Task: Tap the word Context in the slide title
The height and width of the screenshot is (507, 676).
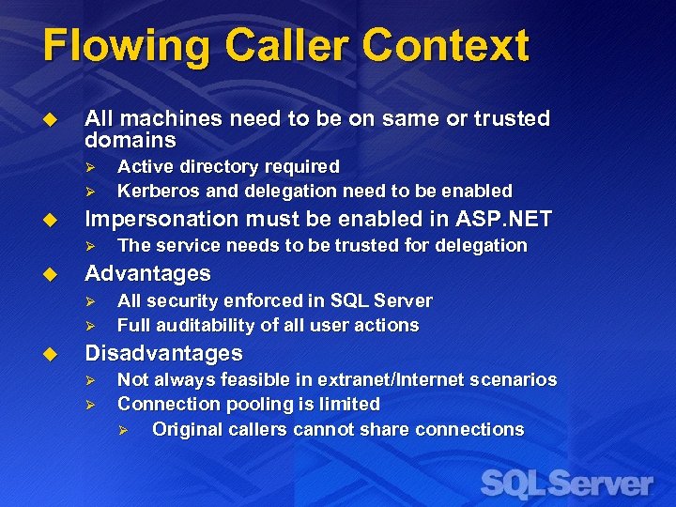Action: [x=445, y=45]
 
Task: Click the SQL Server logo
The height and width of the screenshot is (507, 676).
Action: [x=566, y=484]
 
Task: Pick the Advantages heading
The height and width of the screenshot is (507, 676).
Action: [x=147, y=273]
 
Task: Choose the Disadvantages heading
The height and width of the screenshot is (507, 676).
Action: [x=163, y=354]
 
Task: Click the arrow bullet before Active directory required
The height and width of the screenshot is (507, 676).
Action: [x=91, y=167]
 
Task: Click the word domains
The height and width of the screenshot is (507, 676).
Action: [x=131, y=141]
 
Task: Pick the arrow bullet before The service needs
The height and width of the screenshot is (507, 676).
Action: [x=91, y=246]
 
